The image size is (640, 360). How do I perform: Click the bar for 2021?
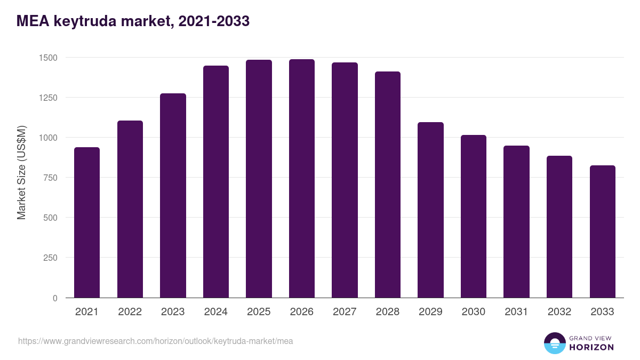pyautogui.click(x=87, y=222)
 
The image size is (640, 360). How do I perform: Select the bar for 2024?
pyautogui.click(x=215, y=182)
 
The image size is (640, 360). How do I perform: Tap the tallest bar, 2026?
pyautogui.click(x=301, y=179)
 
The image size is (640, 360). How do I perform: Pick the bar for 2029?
pyautogui.click(x=430, y=210)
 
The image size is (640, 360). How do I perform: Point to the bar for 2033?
pyautogui.click(x=602, y=231)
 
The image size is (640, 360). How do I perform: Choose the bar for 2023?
pyautogui.click(x=173, y=196)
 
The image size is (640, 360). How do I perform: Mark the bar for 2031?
pyautogui.click(x=516, y=222)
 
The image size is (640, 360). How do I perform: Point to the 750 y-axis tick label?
pyautogui.click(x=49, y=178)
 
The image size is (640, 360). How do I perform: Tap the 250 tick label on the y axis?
pyautogui.click(x=49, y=258)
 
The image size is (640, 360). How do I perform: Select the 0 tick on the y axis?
pyautogui.click(x=54, y=298)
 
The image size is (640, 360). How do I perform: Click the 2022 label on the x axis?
pyautogui.click(x=130, y=312)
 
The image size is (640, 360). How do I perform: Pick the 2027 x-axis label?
pyautogui.click(x=345, y=312)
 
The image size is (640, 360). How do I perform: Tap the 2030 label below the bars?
pyautogui.click(x=473, y=312)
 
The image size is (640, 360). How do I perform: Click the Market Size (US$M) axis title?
pyautogui.click(x=21, y=173)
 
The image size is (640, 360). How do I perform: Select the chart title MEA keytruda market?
pyautogui.click(x=133, y=21)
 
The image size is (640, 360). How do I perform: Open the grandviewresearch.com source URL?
pyautogui.click(x=155, y=341)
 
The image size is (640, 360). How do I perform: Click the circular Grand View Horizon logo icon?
pyautogui.click(x=554, y=343)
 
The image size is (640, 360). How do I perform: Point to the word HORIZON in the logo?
pyautogui.click(x=592, y=347)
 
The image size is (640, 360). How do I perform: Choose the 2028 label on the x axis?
pyautogui.click(x=387, y=312)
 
